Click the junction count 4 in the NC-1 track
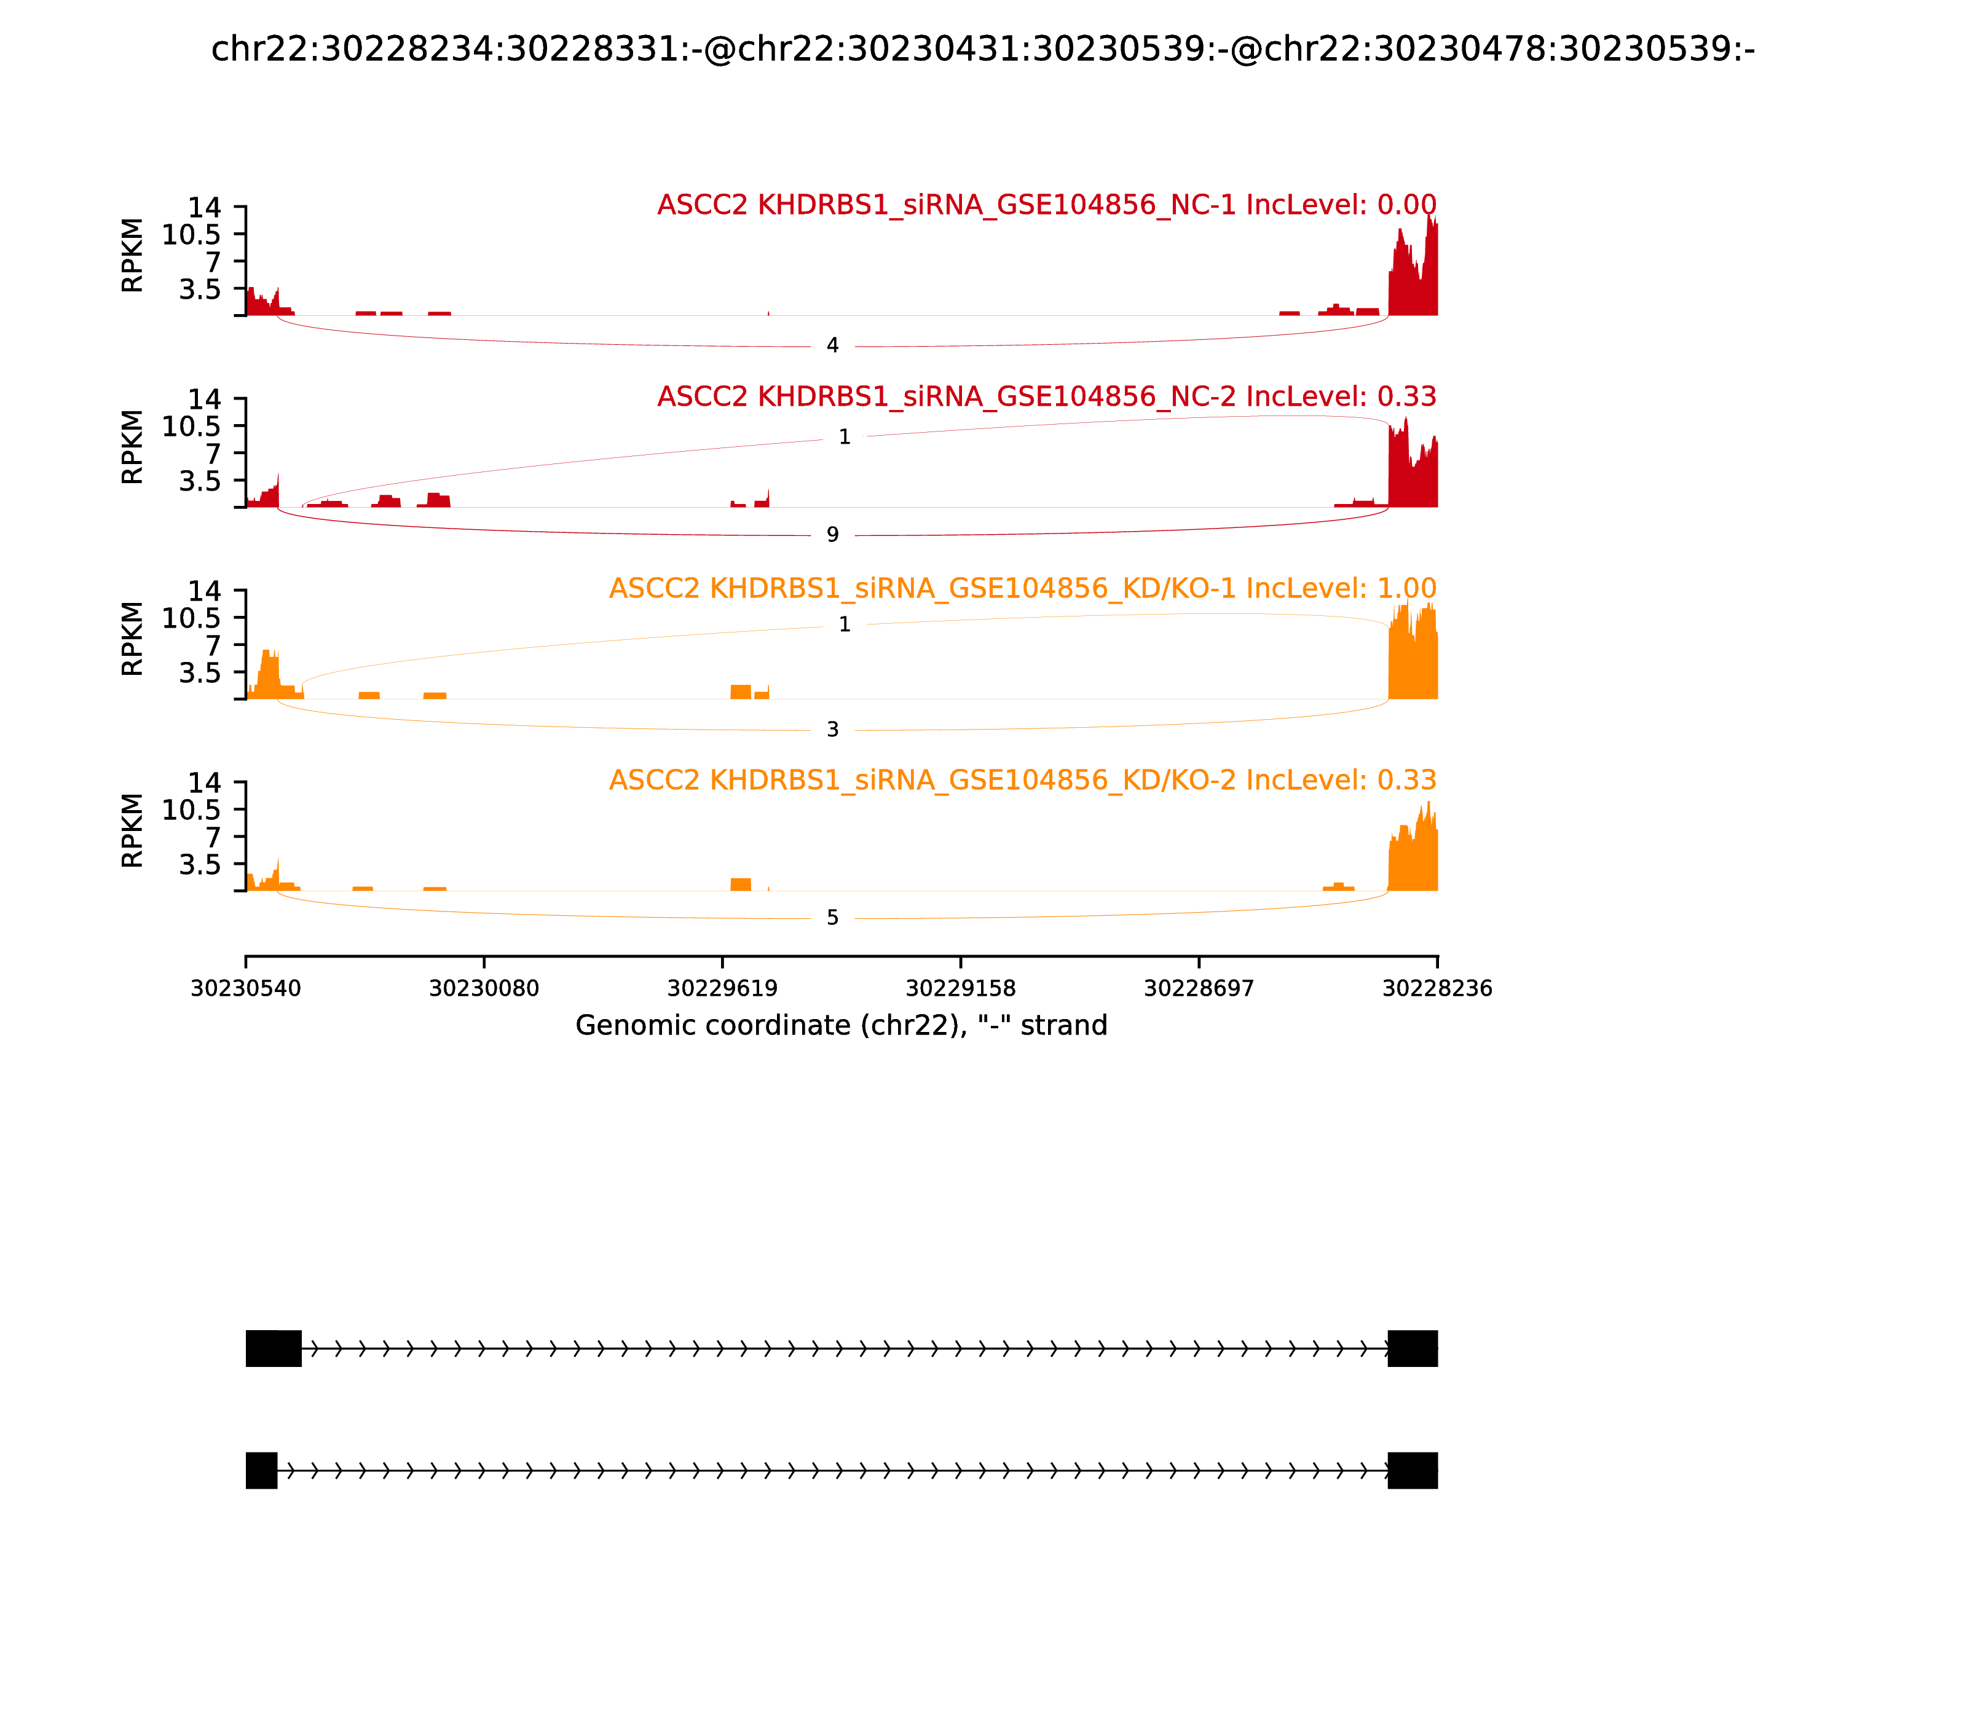pos(833,345)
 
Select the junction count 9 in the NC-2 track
pos(833,535)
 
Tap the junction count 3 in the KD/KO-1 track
pos(833,730)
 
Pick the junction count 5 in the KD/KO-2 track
pos(833,918)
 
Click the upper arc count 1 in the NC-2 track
pos(844,438)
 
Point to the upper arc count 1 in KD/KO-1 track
pos(844,625)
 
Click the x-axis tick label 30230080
pos(484,989)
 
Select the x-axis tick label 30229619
pos(722,989)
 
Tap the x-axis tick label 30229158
pos(960,989)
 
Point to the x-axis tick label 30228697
pos(1199,989)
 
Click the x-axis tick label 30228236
pos(1437,989)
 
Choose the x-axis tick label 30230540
pos(246,989)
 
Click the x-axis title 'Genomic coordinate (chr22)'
pos(842,1026)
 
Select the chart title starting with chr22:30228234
pos(982,49)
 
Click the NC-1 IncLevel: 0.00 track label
pos(1047,205)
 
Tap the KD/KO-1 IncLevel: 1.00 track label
pos(1023,589)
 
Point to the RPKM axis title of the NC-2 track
pos(133,447)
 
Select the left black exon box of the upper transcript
pos(274,1349)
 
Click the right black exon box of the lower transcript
pos(1413,1470)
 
